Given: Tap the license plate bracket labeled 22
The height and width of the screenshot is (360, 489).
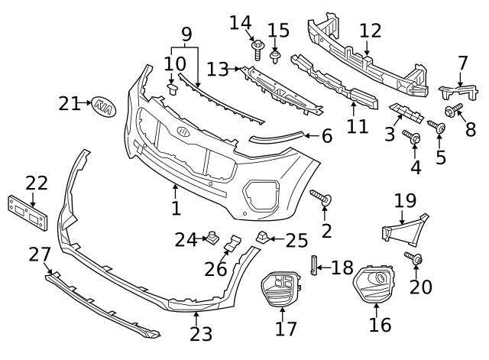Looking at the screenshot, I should [28, 212].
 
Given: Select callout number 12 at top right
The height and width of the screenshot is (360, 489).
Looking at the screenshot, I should [370, 31].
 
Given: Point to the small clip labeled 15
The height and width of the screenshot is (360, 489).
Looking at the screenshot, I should [276, 55].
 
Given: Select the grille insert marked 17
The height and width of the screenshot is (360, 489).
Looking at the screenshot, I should [281, 292].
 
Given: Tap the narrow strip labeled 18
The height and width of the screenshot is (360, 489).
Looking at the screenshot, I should [313, 267].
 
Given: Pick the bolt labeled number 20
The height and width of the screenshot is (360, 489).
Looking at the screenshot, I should [415, 261].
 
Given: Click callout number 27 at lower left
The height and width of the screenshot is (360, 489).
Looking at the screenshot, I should [39, 254].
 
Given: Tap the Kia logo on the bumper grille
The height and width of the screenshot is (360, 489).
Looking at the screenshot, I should [183, 131].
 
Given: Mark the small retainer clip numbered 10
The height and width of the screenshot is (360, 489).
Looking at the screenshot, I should [173, 89].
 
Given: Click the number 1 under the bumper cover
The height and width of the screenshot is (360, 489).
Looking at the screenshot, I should [176, 208].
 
